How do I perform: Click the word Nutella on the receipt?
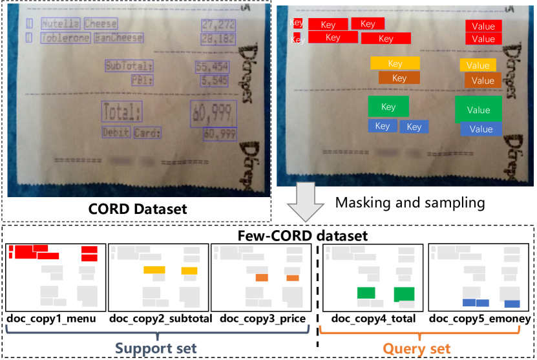click(61, 24)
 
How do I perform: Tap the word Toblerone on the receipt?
click(65, 38)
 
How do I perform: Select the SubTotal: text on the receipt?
click(129, 66)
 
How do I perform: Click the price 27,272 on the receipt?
click(218, 25)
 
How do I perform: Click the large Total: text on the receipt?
click(121, 113)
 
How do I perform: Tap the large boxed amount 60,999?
click(212, 114)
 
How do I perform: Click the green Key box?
click(388, 107)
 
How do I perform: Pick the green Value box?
click(478, 109)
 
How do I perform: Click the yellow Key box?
click(395, 63)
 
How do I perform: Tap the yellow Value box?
click(478, 65)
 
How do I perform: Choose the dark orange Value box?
click(483, 80)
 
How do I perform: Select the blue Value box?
click(481, 129)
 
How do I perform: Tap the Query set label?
click(416, 349)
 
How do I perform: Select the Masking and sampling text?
click(410, 202)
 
